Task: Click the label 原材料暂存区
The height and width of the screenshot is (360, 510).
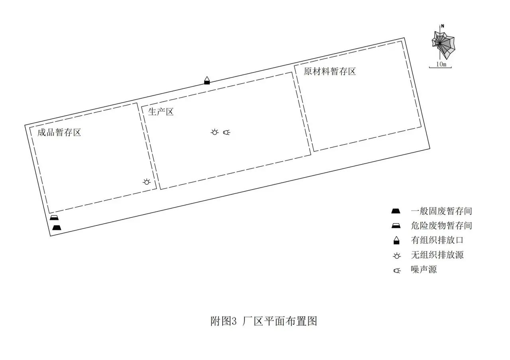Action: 330,71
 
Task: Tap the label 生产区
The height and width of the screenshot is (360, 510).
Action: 161,112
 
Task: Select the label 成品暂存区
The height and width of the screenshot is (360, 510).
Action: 59,133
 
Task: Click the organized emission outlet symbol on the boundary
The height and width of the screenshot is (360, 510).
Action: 207,80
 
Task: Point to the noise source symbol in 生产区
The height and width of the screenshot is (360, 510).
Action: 227,132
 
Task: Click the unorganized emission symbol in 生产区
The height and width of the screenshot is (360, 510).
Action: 214,132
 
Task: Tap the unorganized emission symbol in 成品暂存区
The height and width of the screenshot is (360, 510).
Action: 147,182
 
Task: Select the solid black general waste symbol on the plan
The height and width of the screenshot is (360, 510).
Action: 57,227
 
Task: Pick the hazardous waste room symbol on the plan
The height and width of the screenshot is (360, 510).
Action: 54,217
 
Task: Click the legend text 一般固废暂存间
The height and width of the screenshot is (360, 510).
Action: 441,211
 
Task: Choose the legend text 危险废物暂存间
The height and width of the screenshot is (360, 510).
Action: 441,225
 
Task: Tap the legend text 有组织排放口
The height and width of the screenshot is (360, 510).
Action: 437,240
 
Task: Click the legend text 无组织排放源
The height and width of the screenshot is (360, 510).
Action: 437,255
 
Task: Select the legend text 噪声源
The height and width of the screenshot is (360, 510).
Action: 424,270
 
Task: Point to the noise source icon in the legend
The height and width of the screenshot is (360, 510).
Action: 397,270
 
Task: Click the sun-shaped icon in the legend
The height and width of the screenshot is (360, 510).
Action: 397,256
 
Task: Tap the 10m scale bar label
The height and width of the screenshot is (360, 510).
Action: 441,64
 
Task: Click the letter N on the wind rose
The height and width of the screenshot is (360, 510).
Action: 443,26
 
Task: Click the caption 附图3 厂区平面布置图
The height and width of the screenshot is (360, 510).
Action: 264,321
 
